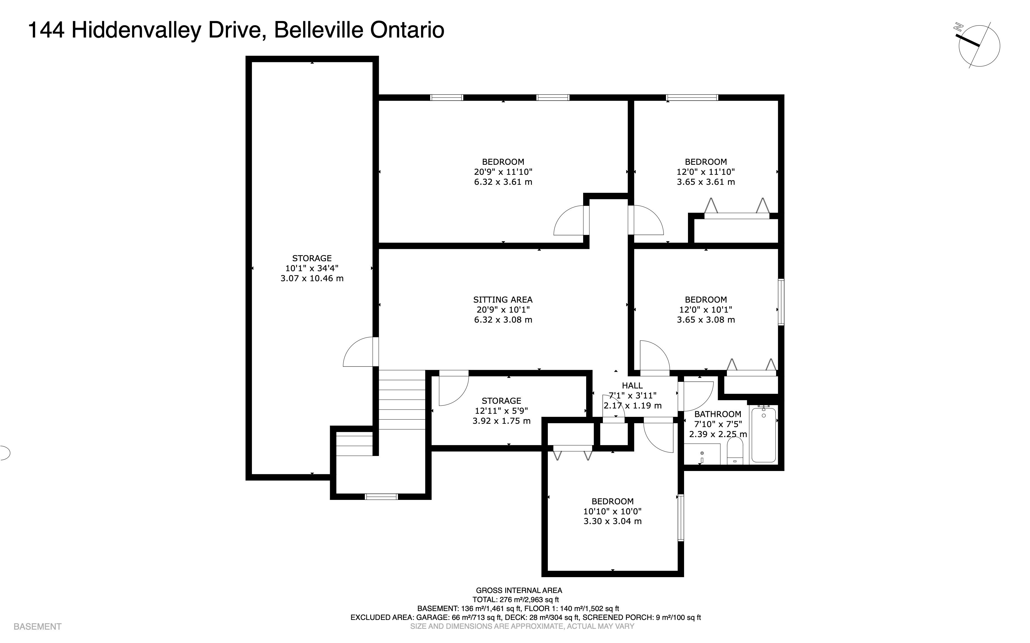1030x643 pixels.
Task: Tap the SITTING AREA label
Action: click(503, 299)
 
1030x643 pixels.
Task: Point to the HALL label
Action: click(632, 385)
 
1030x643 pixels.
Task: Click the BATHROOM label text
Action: click(718, 414)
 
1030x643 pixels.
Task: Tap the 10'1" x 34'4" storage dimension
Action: click(312, 268)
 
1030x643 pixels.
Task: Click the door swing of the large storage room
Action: click(358, 352)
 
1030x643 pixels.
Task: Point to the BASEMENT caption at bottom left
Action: click(38, 626)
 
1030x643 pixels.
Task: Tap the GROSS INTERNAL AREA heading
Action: click(519, 590)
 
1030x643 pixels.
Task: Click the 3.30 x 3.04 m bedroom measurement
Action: click(613, 521)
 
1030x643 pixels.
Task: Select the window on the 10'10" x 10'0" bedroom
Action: click(681, 518)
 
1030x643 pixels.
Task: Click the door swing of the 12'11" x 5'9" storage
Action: click(454, 390)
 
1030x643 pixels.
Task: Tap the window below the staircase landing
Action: click(382, 496)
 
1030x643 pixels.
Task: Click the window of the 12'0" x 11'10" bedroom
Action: click(692, 97)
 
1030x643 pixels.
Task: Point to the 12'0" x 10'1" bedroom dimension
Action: click(706, 310)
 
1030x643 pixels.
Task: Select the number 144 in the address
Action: click(46, 30)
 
